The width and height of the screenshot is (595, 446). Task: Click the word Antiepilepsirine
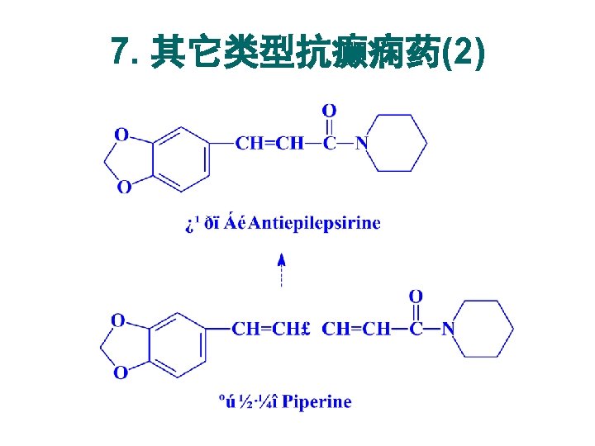(x=315, y=223)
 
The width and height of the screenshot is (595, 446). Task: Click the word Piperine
(x=317, y=402)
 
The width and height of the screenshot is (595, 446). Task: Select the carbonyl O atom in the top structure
(x=329, y=111)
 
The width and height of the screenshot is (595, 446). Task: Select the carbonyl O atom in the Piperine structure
(x=416, y=296)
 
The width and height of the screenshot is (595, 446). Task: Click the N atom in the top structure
(x=361, y=143)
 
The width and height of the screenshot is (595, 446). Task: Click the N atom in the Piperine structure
(x=448, y=329)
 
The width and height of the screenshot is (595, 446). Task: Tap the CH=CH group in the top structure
(x=269, y=143)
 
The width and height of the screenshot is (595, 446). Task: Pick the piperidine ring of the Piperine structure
(x=484, y=329)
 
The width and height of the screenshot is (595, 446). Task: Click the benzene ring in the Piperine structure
(x=177, y=345)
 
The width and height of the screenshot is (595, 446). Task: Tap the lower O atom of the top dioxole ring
(x=123, y=187)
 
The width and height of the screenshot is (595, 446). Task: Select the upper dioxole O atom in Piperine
(x=118, y=320)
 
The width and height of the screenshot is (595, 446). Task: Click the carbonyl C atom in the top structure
(x=329, y=143)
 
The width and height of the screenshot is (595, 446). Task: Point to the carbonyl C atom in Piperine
(x=416, y=329)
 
